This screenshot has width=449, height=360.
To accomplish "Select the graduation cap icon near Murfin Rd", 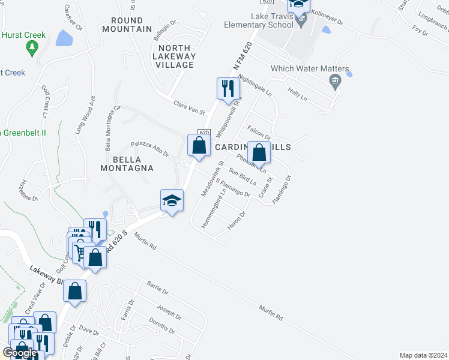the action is [171, 201].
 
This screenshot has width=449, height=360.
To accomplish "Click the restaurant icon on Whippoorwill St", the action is [228, 88].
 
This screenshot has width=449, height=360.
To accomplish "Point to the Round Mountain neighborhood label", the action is [127, 25].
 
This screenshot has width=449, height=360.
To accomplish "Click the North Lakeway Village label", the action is [175, 56].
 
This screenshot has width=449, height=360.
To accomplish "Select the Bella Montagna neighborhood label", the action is [126, 164].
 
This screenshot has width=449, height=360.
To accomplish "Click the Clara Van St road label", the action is [189, 107].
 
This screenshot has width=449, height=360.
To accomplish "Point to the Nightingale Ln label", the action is [255, 86].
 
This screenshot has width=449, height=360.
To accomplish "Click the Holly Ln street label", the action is [297, 94].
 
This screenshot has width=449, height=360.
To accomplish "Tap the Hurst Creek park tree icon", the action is [31, 46].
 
